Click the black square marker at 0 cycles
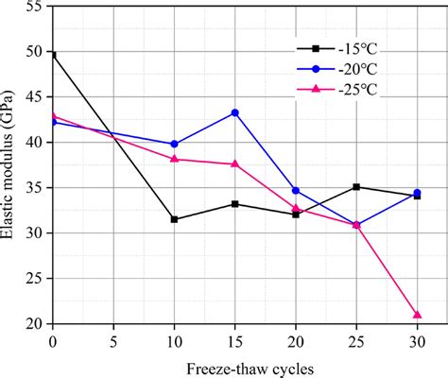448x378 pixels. pyautogui.click(x=52, y=55)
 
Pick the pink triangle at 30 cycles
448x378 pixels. pyautogui.click(x=417, y=315)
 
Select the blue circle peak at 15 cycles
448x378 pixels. pyautogui.click(x=234, y=112)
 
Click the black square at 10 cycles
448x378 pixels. pyautogui.click(x=174, y=219)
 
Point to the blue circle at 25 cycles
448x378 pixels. pyautogui.click(x=356, y=225)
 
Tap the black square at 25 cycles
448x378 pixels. pyautogui.click(x=356, y=187)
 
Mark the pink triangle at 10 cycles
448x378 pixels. pyautogui.click(x=174, y=159)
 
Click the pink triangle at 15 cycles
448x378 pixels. pyautogui.click(x=234, y=163)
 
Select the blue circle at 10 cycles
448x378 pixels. pyautogui.click(x=174, y=144)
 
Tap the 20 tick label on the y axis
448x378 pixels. pyautogui.click(x=34, y=324)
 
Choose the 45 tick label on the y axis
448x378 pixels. pyautogui.click(x=34, y=97)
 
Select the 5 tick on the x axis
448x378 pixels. pyautogui.click(x=113, y=340)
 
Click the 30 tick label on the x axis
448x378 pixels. pyautogui.click(x=417, y=340)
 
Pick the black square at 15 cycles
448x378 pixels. pyautogui.click(x=234, y=204)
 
